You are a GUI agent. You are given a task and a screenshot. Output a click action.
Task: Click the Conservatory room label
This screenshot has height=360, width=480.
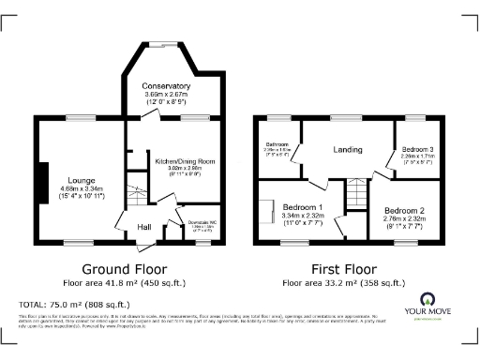167,86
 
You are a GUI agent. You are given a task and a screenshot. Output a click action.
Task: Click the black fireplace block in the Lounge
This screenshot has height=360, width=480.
42,176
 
